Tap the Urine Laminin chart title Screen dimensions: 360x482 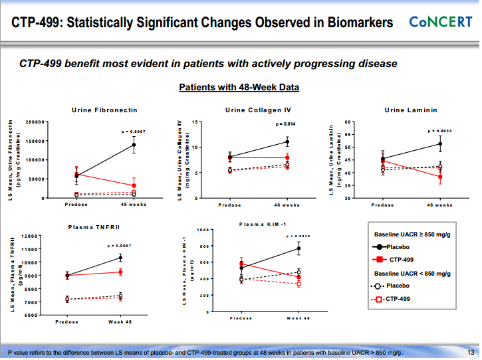pos(410,110)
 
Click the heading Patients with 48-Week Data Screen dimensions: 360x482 pos(239,88)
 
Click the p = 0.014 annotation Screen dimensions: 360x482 pos(286,124)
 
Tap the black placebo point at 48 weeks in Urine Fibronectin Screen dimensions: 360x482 pos(134,145)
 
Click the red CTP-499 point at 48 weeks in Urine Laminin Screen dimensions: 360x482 pos(440,177)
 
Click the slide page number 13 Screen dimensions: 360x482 pos(470,352)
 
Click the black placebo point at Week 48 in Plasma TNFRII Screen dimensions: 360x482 pos(120,258)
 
